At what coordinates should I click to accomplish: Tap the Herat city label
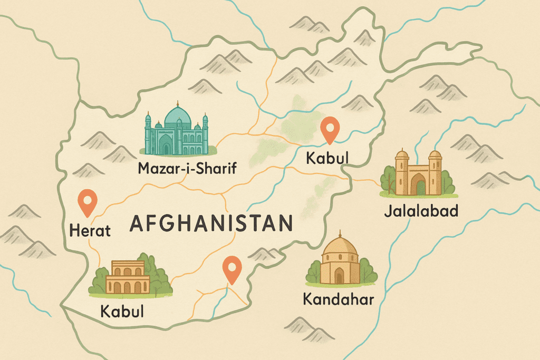(x=90, y=230)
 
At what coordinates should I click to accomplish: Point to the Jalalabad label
(x=420, y=212)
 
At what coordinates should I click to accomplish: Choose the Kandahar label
(x=338, y=300)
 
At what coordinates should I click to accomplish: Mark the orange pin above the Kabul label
(x=330, y=129)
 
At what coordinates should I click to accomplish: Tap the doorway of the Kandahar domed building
(x=339, y=275)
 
